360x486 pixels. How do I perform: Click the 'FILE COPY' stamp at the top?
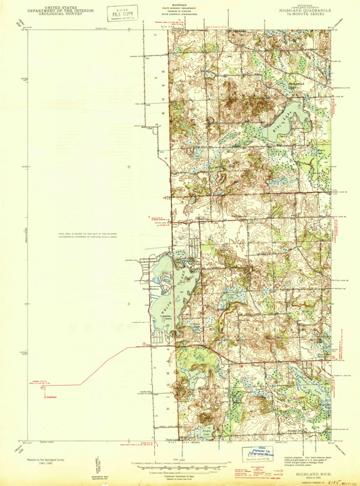pos(122,13)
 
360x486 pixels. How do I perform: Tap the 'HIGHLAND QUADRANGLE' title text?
pos(306,10)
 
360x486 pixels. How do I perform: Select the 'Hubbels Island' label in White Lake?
pos(165,318)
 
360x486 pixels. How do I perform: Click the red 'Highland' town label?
pos(51,397)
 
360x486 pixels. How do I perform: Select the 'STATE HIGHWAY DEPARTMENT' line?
pos(180,8)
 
